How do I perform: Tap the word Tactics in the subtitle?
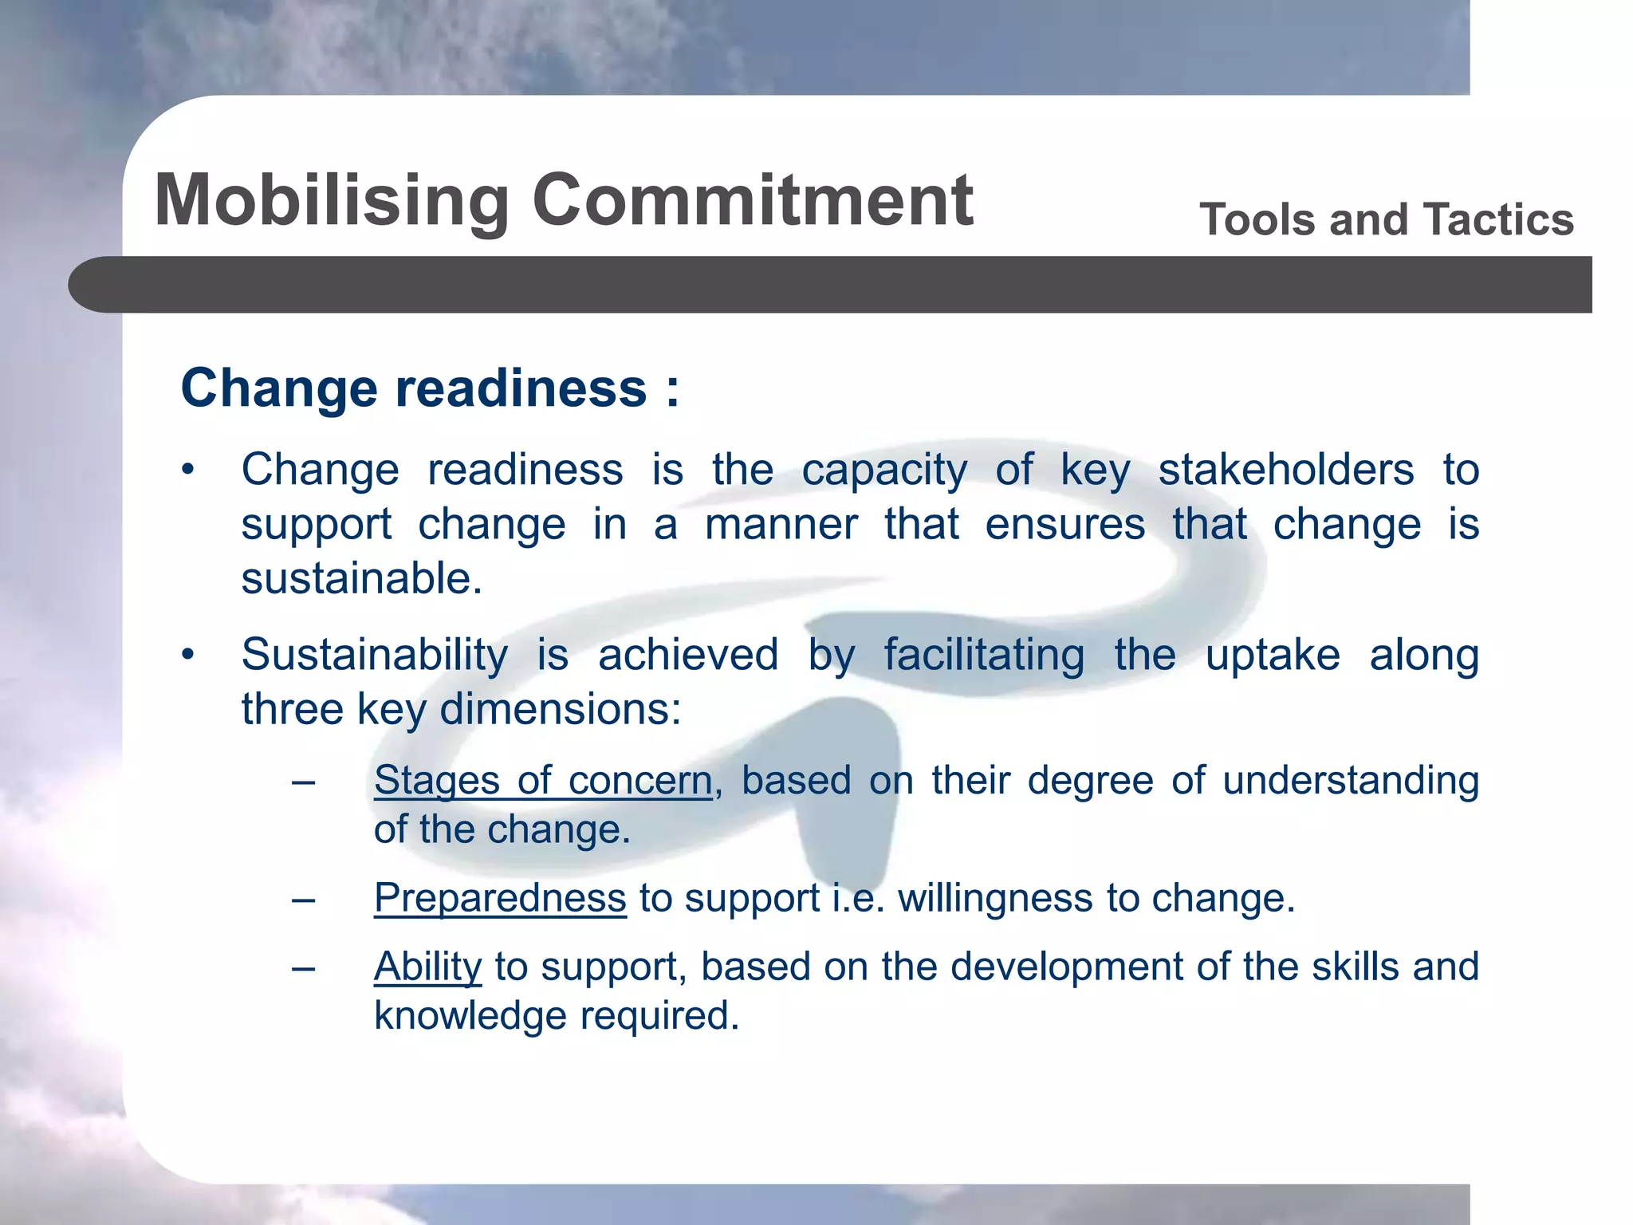pos(1498,219)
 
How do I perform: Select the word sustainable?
pos(361,578)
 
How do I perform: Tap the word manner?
pos(781,525)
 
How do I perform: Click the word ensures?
pos(1064,525)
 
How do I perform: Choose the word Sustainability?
pos(375,655)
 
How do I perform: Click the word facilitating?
pos(984,655)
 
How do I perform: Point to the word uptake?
pos(1272,656)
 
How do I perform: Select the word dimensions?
pos(560,709)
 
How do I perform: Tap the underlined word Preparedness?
pos(500,898)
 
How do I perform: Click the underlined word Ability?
pos(427,967)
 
